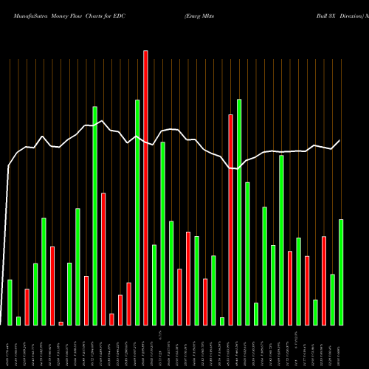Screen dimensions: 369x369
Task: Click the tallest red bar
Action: pyautogui.click(x=145, y=187)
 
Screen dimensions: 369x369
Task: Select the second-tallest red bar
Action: pyautogui.click(x=231, y=219)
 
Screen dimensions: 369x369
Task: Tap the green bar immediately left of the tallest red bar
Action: pyautogui.click(x=137, y=212)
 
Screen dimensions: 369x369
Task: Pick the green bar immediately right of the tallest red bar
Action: pyautogui.click(x=154, y=284)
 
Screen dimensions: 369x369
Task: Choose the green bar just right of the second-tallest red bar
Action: pyautogui.click(x=239, y=212)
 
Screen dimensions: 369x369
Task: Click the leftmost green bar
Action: pyautogui.click(x=10, y=302)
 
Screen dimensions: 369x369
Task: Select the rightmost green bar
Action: pyautogui.click(x=341, y=272)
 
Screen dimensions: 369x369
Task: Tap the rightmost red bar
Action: pyautogui.click(x=324, y=280)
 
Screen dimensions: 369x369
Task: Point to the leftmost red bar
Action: pyautogui.click(x=27, y=306)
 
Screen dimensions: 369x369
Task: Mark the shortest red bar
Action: pyautogui.click(x=61, y=323)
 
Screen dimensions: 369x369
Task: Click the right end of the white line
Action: pyautogui.click(x=340, y=140)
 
